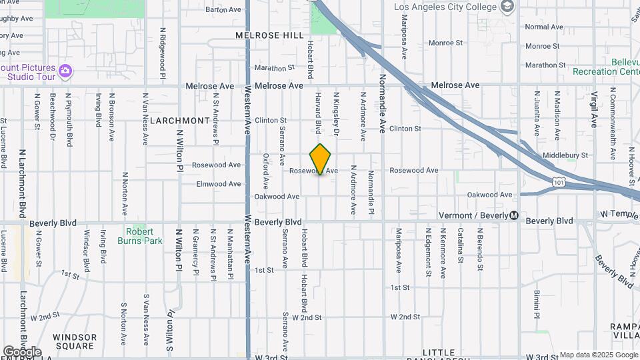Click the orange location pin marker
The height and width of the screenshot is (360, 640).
pos(321,159)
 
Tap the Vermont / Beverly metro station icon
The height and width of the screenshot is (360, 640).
pos(514,215)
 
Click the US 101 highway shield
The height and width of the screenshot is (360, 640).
pos(559,181)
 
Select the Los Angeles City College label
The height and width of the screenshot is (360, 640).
pos(445,7)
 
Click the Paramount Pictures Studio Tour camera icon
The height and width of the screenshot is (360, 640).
pos(65,70)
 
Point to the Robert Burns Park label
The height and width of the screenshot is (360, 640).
pos(139,236)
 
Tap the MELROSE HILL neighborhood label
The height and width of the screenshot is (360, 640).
pos(266,34)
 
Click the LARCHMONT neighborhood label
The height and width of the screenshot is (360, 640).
pos(180,121)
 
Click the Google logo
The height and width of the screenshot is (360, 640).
pos(22,351)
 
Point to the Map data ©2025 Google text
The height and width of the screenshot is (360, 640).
pos(598,355)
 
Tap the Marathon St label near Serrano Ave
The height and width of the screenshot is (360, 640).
pos(274,68)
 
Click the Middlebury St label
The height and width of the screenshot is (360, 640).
pos(565,155)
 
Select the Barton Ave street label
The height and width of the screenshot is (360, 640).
pos(223,9)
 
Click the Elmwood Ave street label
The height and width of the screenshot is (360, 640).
pos(218,184)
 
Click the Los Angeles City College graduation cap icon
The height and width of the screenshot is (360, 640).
pos(507,7)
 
